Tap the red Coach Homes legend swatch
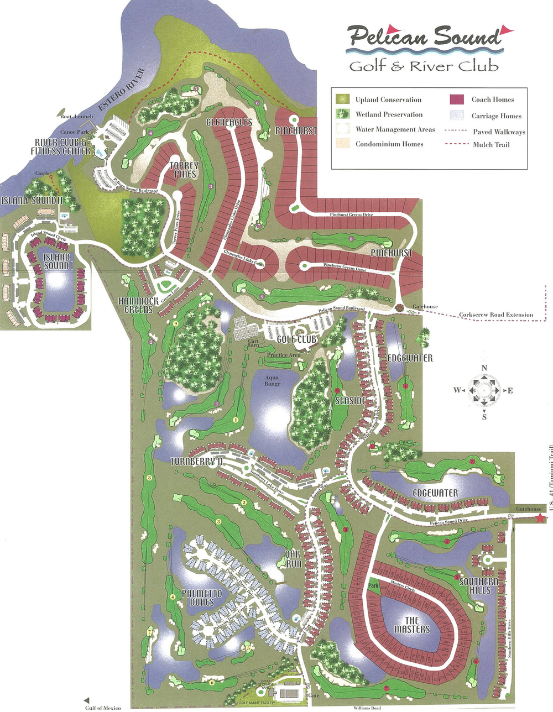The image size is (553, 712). click(456, 100)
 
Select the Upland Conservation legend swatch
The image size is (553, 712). click(343, 100)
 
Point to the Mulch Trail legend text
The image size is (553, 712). click(491, 145)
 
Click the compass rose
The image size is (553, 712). click(484, 390)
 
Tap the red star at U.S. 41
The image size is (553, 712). click(540, 518)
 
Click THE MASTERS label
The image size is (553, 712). click(412, 625)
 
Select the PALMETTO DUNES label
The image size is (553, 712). click(201, 598)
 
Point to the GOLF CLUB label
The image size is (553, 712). click(296, 339)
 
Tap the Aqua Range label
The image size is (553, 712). click(273, 380)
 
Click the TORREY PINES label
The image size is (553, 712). click(184, 170)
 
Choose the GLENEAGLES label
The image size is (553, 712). click(229, 122)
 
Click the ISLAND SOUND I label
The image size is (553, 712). click(58, 261)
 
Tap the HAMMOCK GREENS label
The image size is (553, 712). click(138, 305)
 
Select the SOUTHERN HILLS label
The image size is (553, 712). click(479, 585)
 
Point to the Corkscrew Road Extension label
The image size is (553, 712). click(495, 315)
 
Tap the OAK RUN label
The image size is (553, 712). click(293, 558)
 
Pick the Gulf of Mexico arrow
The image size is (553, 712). click(86, 700)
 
